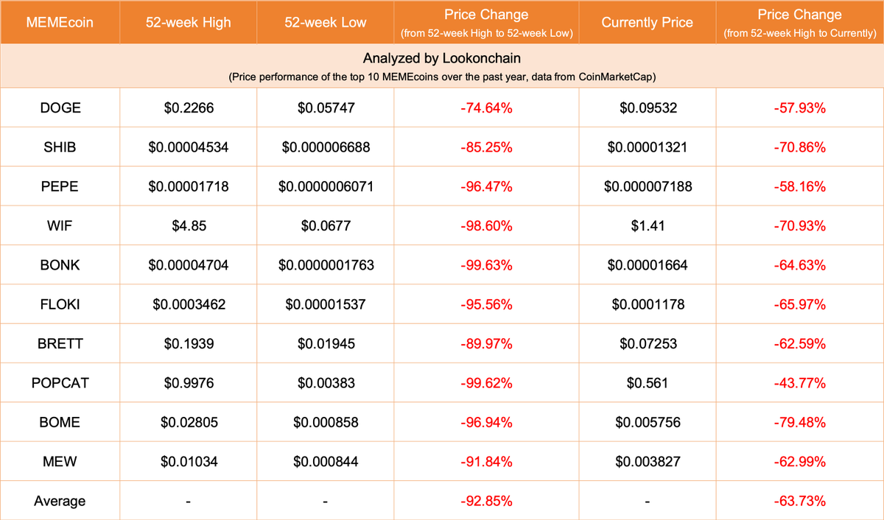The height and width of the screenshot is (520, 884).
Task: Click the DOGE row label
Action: (x=60, y=108)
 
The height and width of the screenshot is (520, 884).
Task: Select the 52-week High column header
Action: (x=189, y=22)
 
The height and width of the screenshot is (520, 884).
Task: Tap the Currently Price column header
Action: (x=647, y=22)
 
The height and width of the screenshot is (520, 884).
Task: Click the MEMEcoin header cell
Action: (x=60, y=22)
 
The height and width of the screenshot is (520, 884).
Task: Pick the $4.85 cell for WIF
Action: (x=189, y=225)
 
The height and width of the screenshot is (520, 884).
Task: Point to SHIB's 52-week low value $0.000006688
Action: (x=326, y=147)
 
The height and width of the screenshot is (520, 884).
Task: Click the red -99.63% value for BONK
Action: (x=485, y=265)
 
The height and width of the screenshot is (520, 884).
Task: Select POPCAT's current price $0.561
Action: (x=647, y=383)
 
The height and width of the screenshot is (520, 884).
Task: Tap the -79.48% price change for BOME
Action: (x=799, y=423)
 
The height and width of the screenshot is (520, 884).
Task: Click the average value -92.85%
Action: (x=485, y=501)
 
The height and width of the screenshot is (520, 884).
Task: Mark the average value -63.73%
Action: (x=799, y=501)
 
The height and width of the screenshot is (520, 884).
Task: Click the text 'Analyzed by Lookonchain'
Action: (x=441, y=58)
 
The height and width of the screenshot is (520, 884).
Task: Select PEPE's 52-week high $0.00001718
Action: (x=189, y=186)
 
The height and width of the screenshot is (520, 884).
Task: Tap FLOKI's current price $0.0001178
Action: (x=647, y=304)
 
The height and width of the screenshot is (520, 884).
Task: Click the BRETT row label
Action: (x=60, y=344)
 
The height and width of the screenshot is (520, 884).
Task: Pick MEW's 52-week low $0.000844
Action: (x=326, y=462)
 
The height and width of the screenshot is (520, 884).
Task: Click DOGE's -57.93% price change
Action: (x=799, y=108)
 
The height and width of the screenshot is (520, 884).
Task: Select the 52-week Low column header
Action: (x=326, y=22)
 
